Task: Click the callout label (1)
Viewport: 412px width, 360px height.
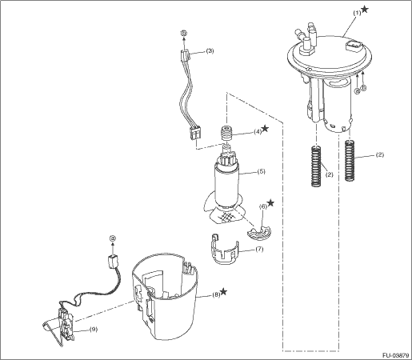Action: tap(357, 14)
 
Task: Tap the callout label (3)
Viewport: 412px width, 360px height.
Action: tap(210, 50)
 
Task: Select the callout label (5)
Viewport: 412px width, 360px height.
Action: tap(262, 171)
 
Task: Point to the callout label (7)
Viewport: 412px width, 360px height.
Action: tap(259, 250)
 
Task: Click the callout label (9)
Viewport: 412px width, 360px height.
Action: tap(93, 330)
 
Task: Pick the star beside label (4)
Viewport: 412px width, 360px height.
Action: tap(265, 129)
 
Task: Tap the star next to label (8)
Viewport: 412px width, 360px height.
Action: tap(223, 292)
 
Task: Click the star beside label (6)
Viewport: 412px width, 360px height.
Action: tap(270, 203)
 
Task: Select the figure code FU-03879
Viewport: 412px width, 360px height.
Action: tap(395, 355)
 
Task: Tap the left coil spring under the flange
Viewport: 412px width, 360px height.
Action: tap(316, 166)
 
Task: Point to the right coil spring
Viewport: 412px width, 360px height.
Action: tap(350, 161)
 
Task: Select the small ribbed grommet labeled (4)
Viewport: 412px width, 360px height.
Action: tap(226, 134)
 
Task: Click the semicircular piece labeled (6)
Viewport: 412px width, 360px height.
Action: tap(259, 233)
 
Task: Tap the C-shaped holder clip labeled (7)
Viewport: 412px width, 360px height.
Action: tap(224, 250)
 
